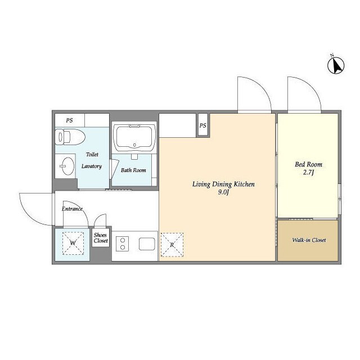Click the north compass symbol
point(336,65)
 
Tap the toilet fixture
point(70,137)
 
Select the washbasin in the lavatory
point(66,166)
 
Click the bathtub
point(134,137)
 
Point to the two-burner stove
point(123,244)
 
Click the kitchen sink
point(147,244)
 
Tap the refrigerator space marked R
point(172,245)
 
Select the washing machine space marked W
point(73,243)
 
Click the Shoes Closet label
point(101,238)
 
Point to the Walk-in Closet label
point(309,240)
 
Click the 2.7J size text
point(308,173)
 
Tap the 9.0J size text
point(223,192)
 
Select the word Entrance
point(72,209)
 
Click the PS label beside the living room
point(202,125)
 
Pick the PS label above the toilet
point(69,120)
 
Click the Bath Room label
point(133,170)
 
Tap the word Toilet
point(92,154)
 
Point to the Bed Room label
point(309,164)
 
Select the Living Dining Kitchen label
point(223,184)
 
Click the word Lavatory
point(92,166)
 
